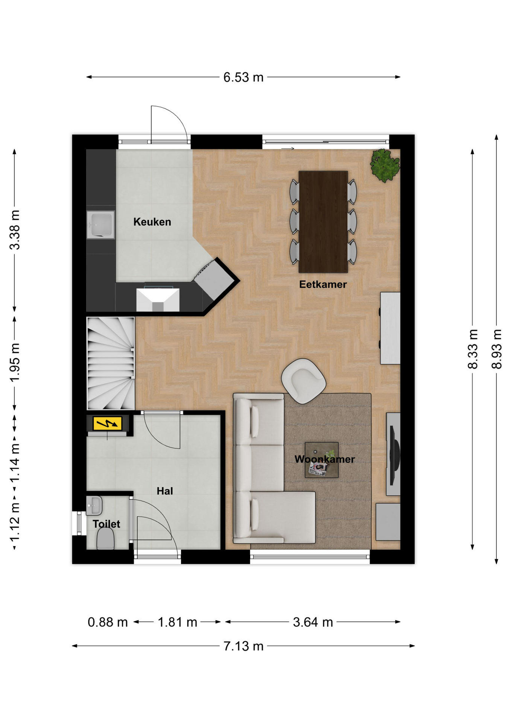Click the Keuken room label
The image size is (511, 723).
click(x=152, y=222)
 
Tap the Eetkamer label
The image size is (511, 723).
click(x=323, y=284)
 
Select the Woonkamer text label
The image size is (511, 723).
click(x=324, y=459)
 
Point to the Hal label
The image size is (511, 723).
click(x=165, y=491)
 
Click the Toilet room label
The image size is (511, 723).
click(x=106, y=524)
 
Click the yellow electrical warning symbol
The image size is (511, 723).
click(x=107, y=424)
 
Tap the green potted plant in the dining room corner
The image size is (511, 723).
click(x=385, y=165)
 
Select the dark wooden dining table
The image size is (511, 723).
click(x=323, y=222)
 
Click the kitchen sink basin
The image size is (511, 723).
click(x=100, y=225)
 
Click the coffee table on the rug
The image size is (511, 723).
click(x=321, y=460)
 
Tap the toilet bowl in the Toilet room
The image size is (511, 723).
click(x=106, y=538)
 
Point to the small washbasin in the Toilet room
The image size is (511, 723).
click(x=94, y=505)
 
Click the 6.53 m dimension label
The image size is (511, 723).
click(x=243, y=77)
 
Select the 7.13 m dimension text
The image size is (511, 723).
click(x=243, y=646)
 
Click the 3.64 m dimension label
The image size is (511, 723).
click(x=313, y=622)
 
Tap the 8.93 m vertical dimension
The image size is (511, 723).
click(x=497, y=349)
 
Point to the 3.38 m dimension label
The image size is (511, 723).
click(x=15, y=230)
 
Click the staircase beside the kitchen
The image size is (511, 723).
click(x=111, y=363)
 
